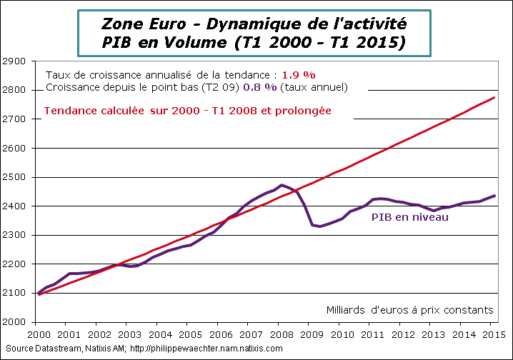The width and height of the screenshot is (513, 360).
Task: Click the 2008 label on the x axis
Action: [x=279, y=334]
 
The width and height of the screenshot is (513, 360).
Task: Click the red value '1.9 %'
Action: [x=299, y=74]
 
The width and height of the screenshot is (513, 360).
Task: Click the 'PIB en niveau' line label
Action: [x=409, y=217]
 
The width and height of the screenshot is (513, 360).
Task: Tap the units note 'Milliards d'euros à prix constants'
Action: [x=409, y=310]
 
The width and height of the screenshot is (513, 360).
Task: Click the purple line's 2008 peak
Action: [x=282, y=185]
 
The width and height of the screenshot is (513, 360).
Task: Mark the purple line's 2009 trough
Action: [x=319, y=226]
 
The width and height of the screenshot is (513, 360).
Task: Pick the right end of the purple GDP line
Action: [x=494, y=196]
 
